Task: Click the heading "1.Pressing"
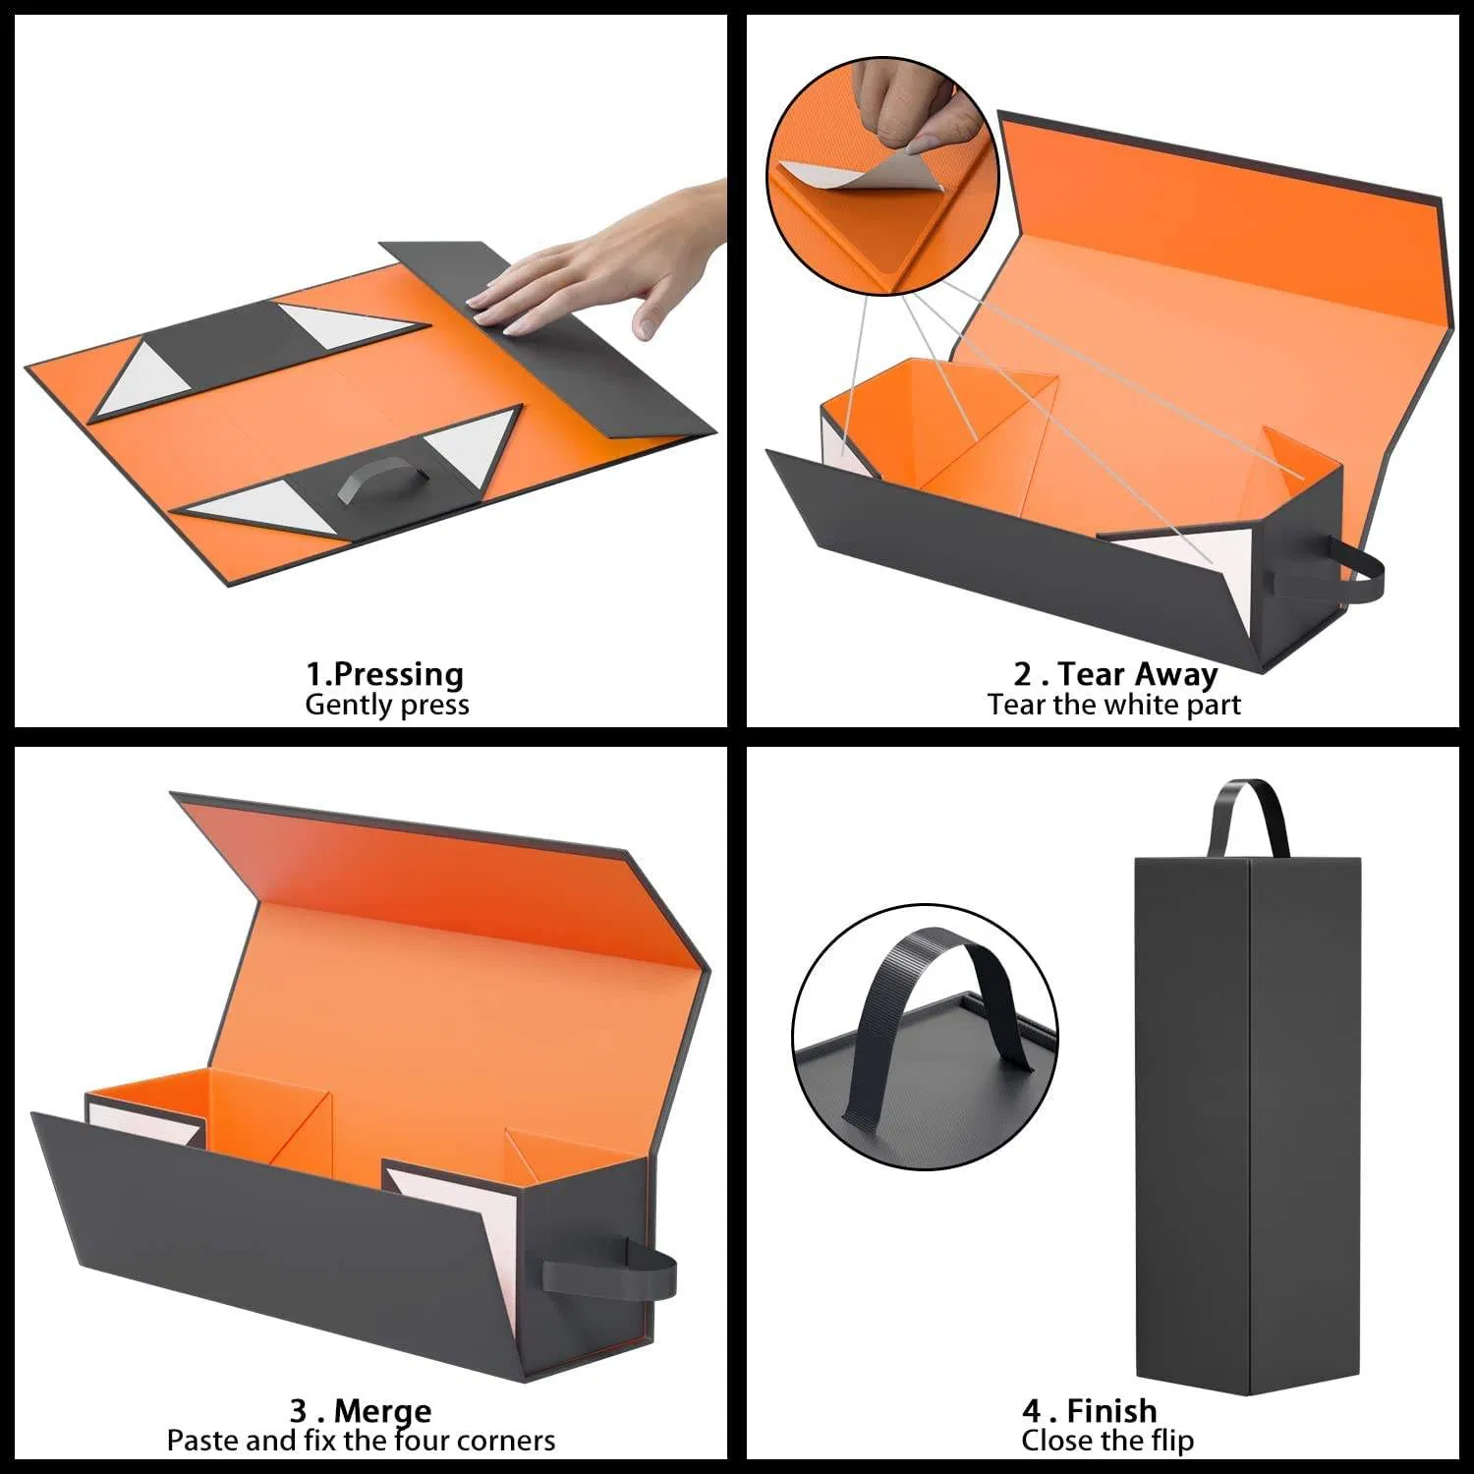coord(384,674)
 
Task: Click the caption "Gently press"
coord(386,705)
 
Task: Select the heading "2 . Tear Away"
coord(1115,674)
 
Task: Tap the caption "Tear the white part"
coord(1114,705)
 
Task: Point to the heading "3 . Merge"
coord(361,1411)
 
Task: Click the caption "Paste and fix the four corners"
coord(361,1441)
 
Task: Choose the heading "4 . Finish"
coord(1089,1411)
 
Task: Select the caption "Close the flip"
coord(1107,1441)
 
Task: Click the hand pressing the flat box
coord(599,260)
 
